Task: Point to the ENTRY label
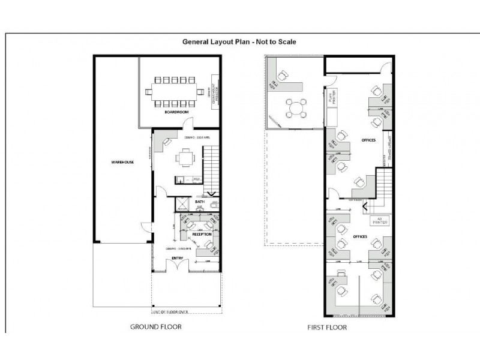click(177, 259)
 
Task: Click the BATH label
click(200, 202)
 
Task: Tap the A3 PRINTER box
click(379, 220)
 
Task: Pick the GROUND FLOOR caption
click(156, 327)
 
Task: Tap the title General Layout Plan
click(239, 42)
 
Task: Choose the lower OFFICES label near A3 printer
click(360, 236)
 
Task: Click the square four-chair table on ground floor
click(184, 159)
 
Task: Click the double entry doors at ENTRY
click(177, 267)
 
